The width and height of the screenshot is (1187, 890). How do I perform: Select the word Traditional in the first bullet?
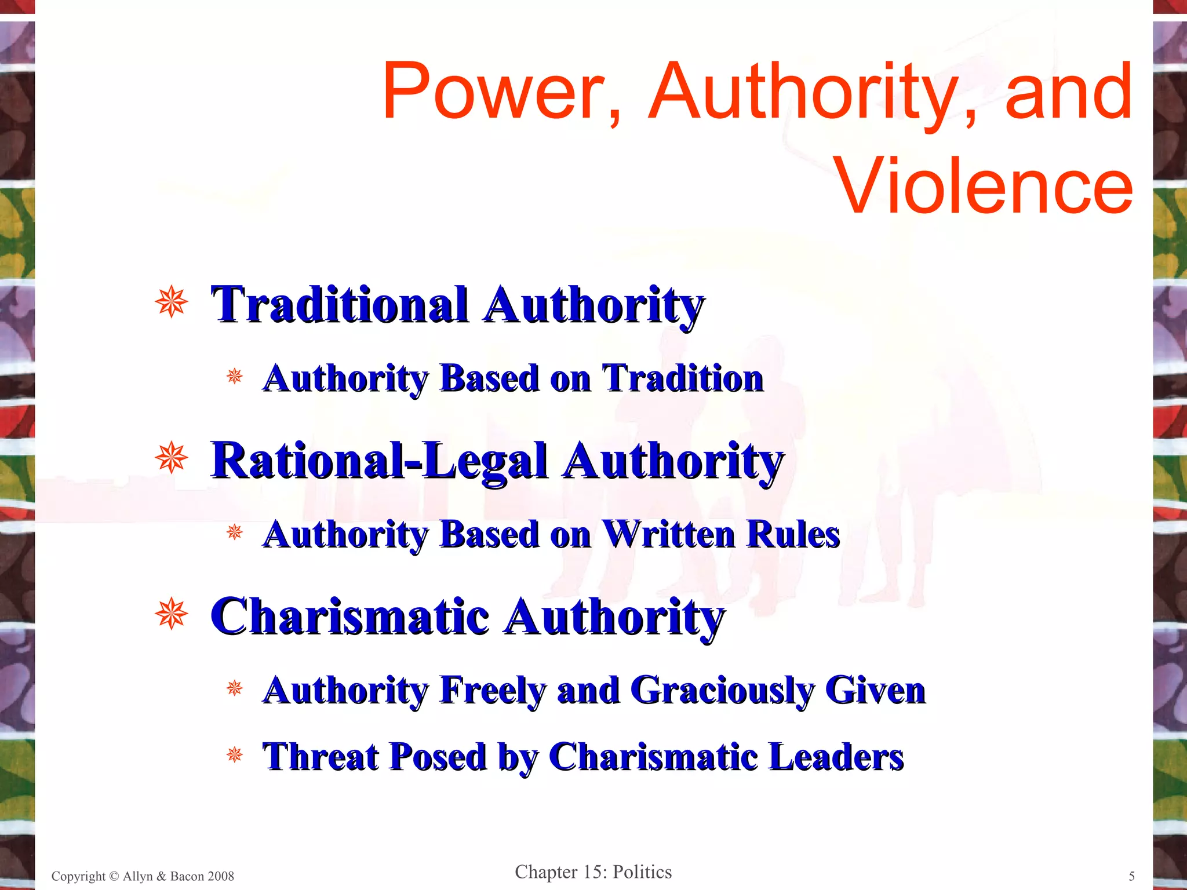pos(340,305)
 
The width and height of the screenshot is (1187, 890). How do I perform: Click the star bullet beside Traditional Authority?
pos(172,302)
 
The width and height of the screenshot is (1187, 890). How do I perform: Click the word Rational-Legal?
pos(379,461)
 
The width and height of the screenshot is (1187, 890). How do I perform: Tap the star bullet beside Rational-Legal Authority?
pos(172,458)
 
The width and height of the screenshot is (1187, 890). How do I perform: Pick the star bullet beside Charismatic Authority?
pos(172,614)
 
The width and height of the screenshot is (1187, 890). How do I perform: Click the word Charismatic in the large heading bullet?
pos(350,617)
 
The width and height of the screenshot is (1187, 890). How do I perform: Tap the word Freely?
pos(493,691)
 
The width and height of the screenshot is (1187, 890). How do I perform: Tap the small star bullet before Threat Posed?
pos(235,754)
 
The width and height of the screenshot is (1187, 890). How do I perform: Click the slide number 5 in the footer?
pos(1131,876)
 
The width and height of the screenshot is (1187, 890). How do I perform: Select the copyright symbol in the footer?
pos(114,876)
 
